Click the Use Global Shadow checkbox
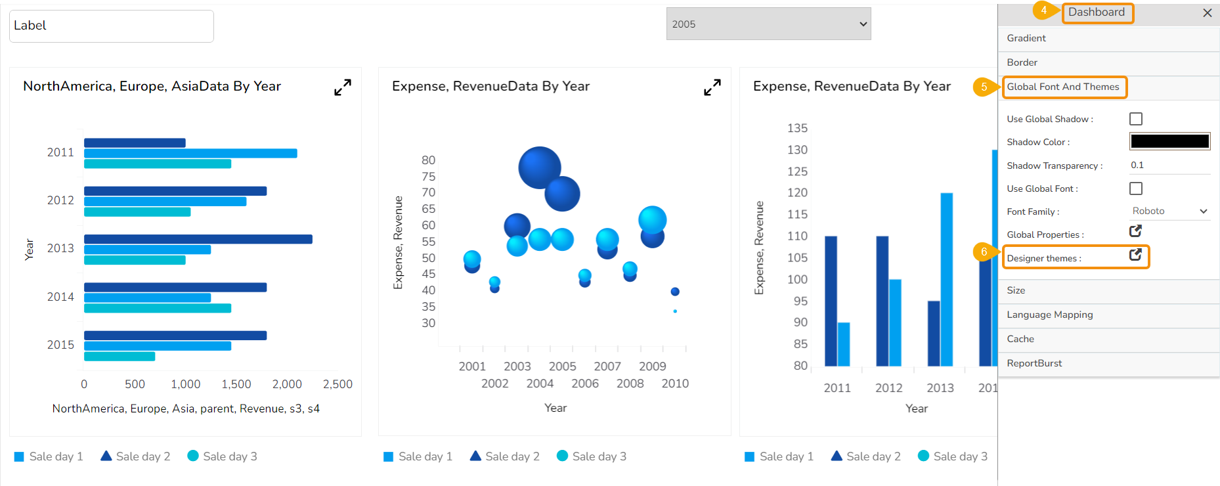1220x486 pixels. (x=1136, y=119)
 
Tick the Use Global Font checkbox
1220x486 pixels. (x=1136, y=188)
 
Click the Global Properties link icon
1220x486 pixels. (x=1135, y=231)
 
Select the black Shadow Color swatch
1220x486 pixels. (x=1169, y=141)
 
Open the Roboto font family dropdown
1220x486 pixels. (x=1169, y=211)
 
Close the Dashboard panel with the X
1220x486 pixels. (x=1207, y=13)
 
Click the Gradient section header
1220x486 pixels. (x=1026, y=38)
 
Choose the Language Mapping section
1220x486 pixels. (x=1049, y=315)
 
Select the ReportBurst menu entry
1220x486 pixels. (x=1034, y=363)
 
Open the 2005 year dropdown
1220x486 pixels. (x=768, y=24)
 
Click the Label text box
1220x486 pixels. (x=112, y=26)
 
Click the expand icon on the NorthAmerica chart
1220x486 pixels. (x=343, y=87)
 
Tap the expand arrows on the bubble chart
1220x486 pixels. (x=712, y=87)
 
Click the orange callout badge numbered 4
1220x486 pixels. (x=1043, y=11)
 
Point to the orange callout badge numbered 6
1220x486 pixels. (x=984, y=252)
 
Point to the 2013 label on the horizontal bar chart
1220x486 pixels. (x=60, y=248)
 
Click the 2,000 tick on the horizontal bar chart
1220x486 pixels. (x=287, y=384)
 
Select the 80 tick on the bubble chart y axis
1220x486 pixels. (x=428, y=160)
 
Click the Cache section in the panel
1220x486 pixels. (x=1020, y=339)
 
